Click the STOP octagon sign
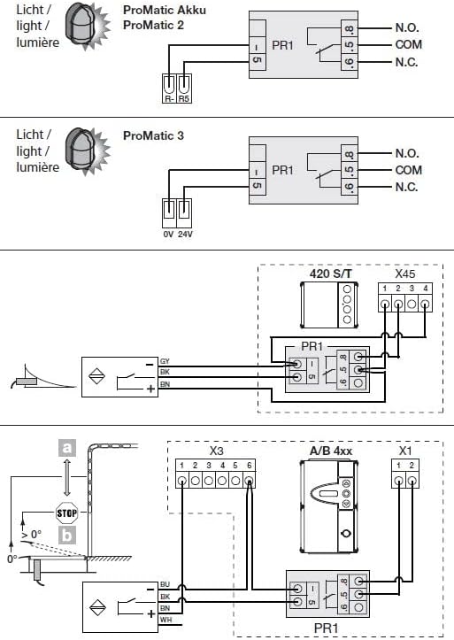[x=67, y=513]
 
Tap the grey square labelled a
[x=67, y=448]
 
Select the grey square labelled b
[x=67, y=535]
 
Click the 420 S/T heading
[x=330, y=273]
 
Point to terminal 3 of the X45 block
[x=412, y=305]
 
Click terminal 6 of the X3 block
[x=249, y=481]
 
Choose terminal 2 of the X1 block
[x=412, y=481]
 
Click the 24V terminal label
[x=185, y=235]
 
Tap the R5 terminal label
[x=184, y=99]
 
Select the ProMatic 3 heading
[x=153, y=135]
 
